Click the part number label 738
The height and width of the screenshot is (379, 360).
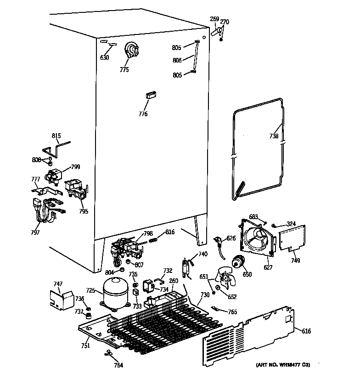pos(274,136)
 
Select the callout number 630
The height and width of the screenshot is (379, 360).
pos(105,57)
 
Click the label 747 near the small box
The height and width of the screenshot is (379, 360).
pos(58,284)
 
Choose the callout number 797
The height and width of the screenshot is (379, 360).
pos(35,232)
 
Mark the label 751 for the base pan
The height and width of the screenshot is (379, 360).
pos(86,345)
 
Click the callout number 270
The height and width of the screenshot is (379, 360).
pos(225,22)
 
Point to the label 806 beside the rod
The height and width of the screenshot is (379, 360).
pos(177,60)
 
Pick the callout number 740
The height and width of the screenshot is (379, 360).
pos(202,254)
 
